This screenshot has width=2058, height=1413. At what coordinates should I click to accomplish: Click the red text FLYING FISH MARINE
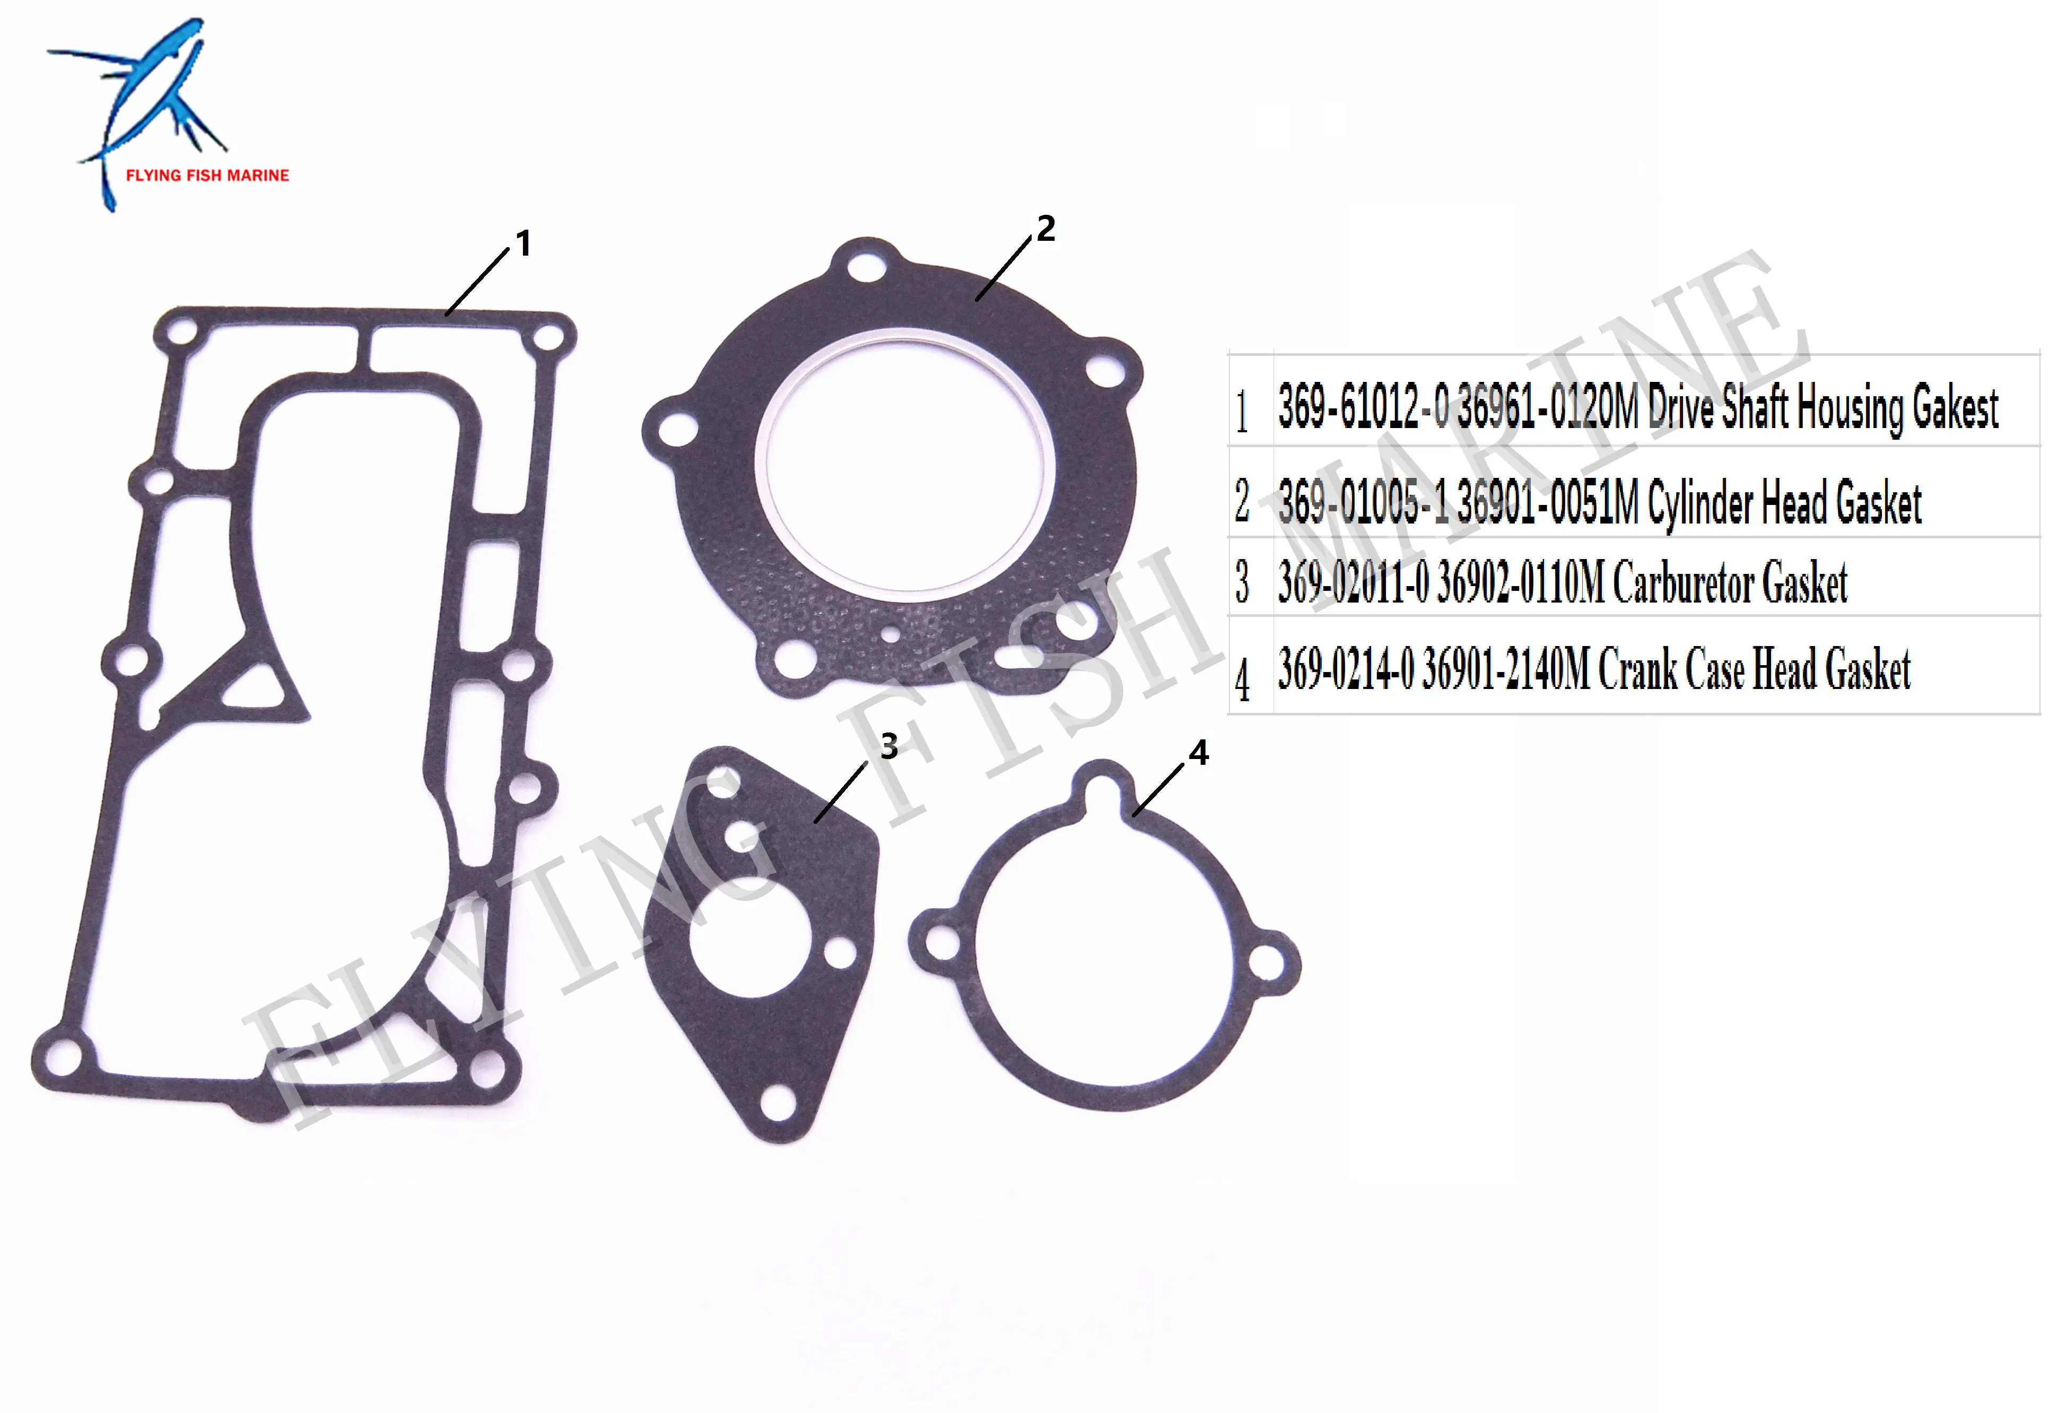207,175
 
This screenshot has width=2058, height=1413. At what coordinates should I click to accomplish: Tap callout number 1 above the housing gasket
524,243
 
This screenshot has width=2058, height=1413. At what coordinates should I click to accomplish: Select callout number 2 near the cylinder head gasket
1046,229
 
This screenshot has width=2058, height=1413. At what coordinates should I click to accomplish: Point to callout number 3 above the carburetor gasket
889,746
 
